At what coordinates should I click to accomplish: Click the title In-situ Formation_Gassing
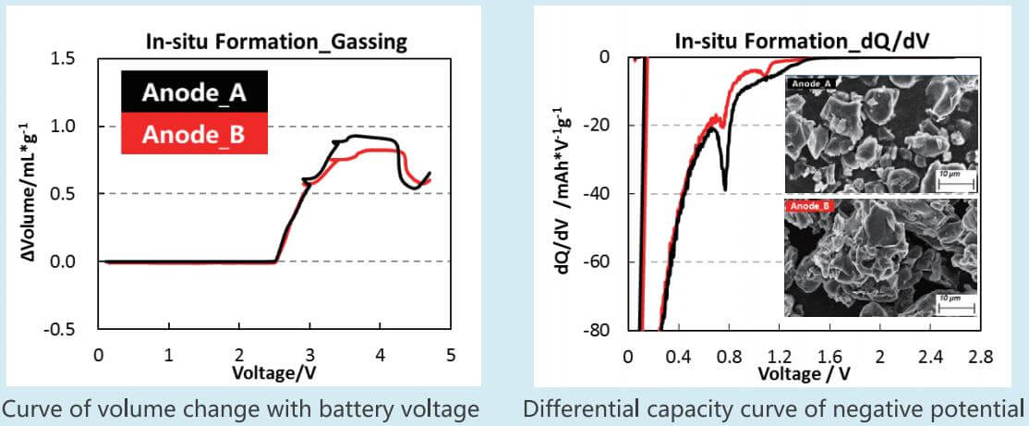[276, 41]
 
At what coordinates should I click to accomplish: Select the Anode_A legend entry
[193, 92]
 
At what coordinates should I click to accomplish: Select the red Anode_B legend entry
[193, 136]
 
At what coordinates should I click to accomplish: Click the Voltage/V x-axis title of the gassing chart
[275, 371]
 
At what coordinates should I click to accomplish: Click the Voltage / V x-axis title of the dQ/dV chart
[804, 372]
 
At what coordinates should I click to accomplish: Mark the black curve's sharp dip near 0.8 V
[724, 188]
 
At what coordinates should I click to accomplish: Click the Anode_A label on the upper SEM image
[810, 84]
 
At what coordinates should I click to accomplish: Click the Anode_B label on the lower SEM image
[810, 206]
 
